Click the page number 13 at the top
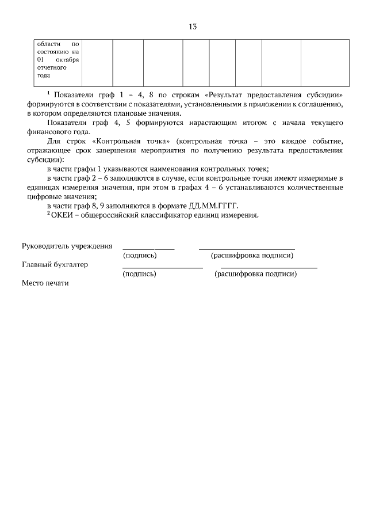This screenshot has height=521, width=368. tap(193, 26)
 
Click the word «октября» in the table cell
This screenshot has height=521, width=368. tap(67, 59)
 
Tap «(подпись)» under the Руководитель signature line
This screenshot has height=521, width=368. tap(140, 255)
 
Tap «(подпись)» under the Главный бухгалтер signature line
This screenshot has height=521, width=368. tap(140, 274)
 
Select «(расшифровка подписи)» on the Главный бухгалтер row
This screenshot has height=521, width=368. tap(255, 274)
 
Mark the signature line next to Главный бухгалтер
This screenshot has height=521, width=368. tap(162, 268)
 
